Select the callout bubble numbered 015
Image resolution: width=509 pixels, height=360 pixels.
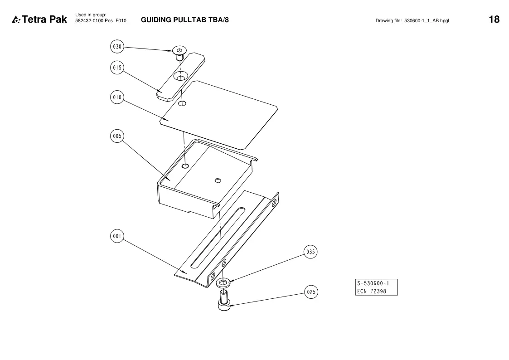117,68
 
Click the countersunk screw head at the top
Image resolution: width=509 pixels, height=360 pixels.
179,50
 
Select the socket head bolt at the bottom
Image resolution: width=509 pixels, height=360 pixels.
224,301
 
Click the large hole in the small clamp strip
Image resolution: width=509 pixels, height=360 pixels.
180,76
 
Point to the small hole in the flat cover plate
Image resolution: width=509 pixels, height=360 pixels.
183,103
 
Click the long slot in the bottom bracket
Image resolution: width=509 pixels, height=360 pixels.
218,238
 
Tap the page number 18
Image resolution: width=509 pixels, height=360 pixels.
494,19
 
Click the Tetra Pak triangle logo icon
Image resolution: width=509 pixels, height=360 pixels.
16,20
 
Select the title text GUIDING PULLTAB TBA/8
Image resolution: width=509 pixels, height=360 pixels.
185,20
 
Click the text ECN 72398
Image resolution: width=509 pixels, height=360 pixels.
372,291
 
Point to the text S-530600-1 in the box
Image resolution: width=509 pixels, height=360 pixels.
373,283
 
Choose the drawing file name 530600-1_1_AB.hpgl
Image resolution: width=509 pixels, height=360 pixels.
427,20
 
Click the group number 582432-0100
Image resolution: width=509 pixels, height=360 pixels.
89,20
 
